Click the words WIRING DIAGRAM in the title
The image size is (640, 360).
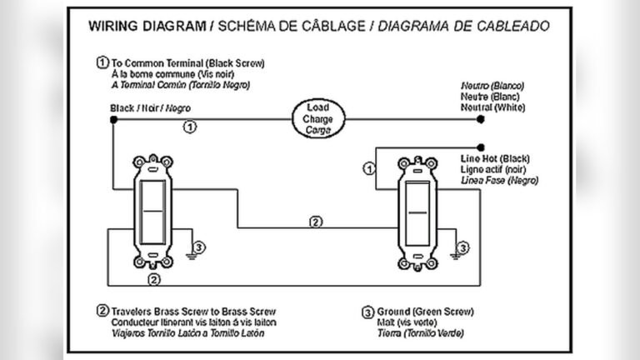click(x=147, y=26)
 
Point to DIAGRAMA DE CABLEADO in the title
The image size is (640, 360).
click(x=463, y=26)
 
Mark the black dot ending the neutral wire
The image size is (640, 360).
click(x=480, y=120)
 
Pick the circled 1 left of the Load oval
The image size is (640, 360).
click(x=190, y=127)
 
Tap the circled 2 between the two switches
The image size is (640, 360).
click(x=315, y=222)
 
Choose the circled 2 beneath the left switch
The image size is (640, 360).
click(x=152, y=278)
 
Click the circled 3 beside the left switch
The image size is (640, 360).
click(x=198, y=247)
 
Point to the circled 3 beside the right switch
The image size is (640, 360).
click(x=464, y=247)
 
